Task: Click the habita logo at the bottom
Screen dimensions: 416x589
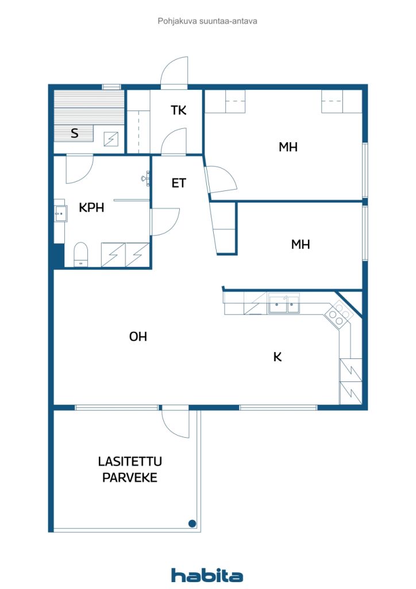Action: [x=207, y=575]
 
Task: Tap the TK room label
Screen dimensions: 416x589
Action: [x=179, y=110]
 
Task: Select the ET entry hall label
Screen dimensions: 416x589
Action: [x=179, y=183]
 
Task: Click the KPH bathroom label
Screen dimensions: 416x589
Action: [x=91, y=207]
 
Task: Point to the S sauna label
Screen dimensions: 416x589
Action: [x=75, y=133]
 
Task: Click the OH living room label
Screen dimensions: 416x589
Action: [x=138, y=336]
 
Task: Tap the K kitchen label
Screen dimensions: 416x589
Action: [x=278, y=357]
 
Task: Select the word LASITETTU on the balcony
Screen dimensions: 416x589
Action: [x=130, y=461]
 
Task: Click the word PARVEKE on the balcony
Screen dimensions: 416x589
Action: [x=130, y=477]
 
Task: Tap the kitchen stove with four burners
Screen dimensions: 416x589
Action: [x=339, y=315]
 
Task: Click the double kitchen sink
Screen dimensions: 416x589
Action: [x=284, y=304]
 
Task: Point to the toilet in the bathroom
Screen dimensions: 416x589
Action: [x=80, y=254]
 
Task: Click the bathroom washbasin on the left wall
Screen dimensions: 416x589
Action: [x=60, y=214]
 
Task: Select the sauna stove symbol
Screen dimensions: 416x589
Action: [x=111, y=139]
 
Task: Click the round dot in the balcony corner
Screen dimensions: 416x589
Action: [x=192, y=523]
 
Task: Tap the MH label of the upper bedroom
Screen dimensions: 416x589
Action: [x=288, y=147]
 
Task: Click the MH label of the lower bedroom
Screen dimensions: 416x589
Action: [x=301, y=244]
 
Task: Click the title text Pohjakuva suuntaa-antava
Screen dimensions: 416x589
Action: [x=207, y=21]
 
